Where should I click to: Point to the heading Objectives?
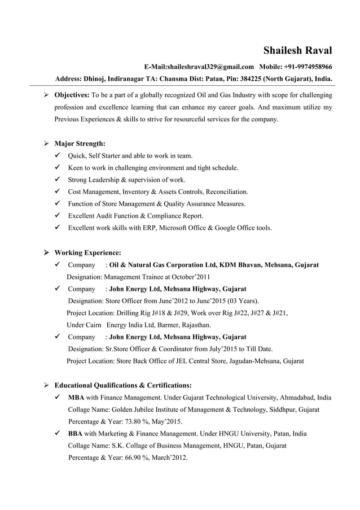72,94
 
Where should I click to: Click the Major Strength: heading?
80,143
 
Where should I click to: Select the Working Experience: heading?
87,252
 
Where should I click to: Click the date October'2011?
191,277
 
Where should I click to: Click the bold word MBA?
76,398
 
